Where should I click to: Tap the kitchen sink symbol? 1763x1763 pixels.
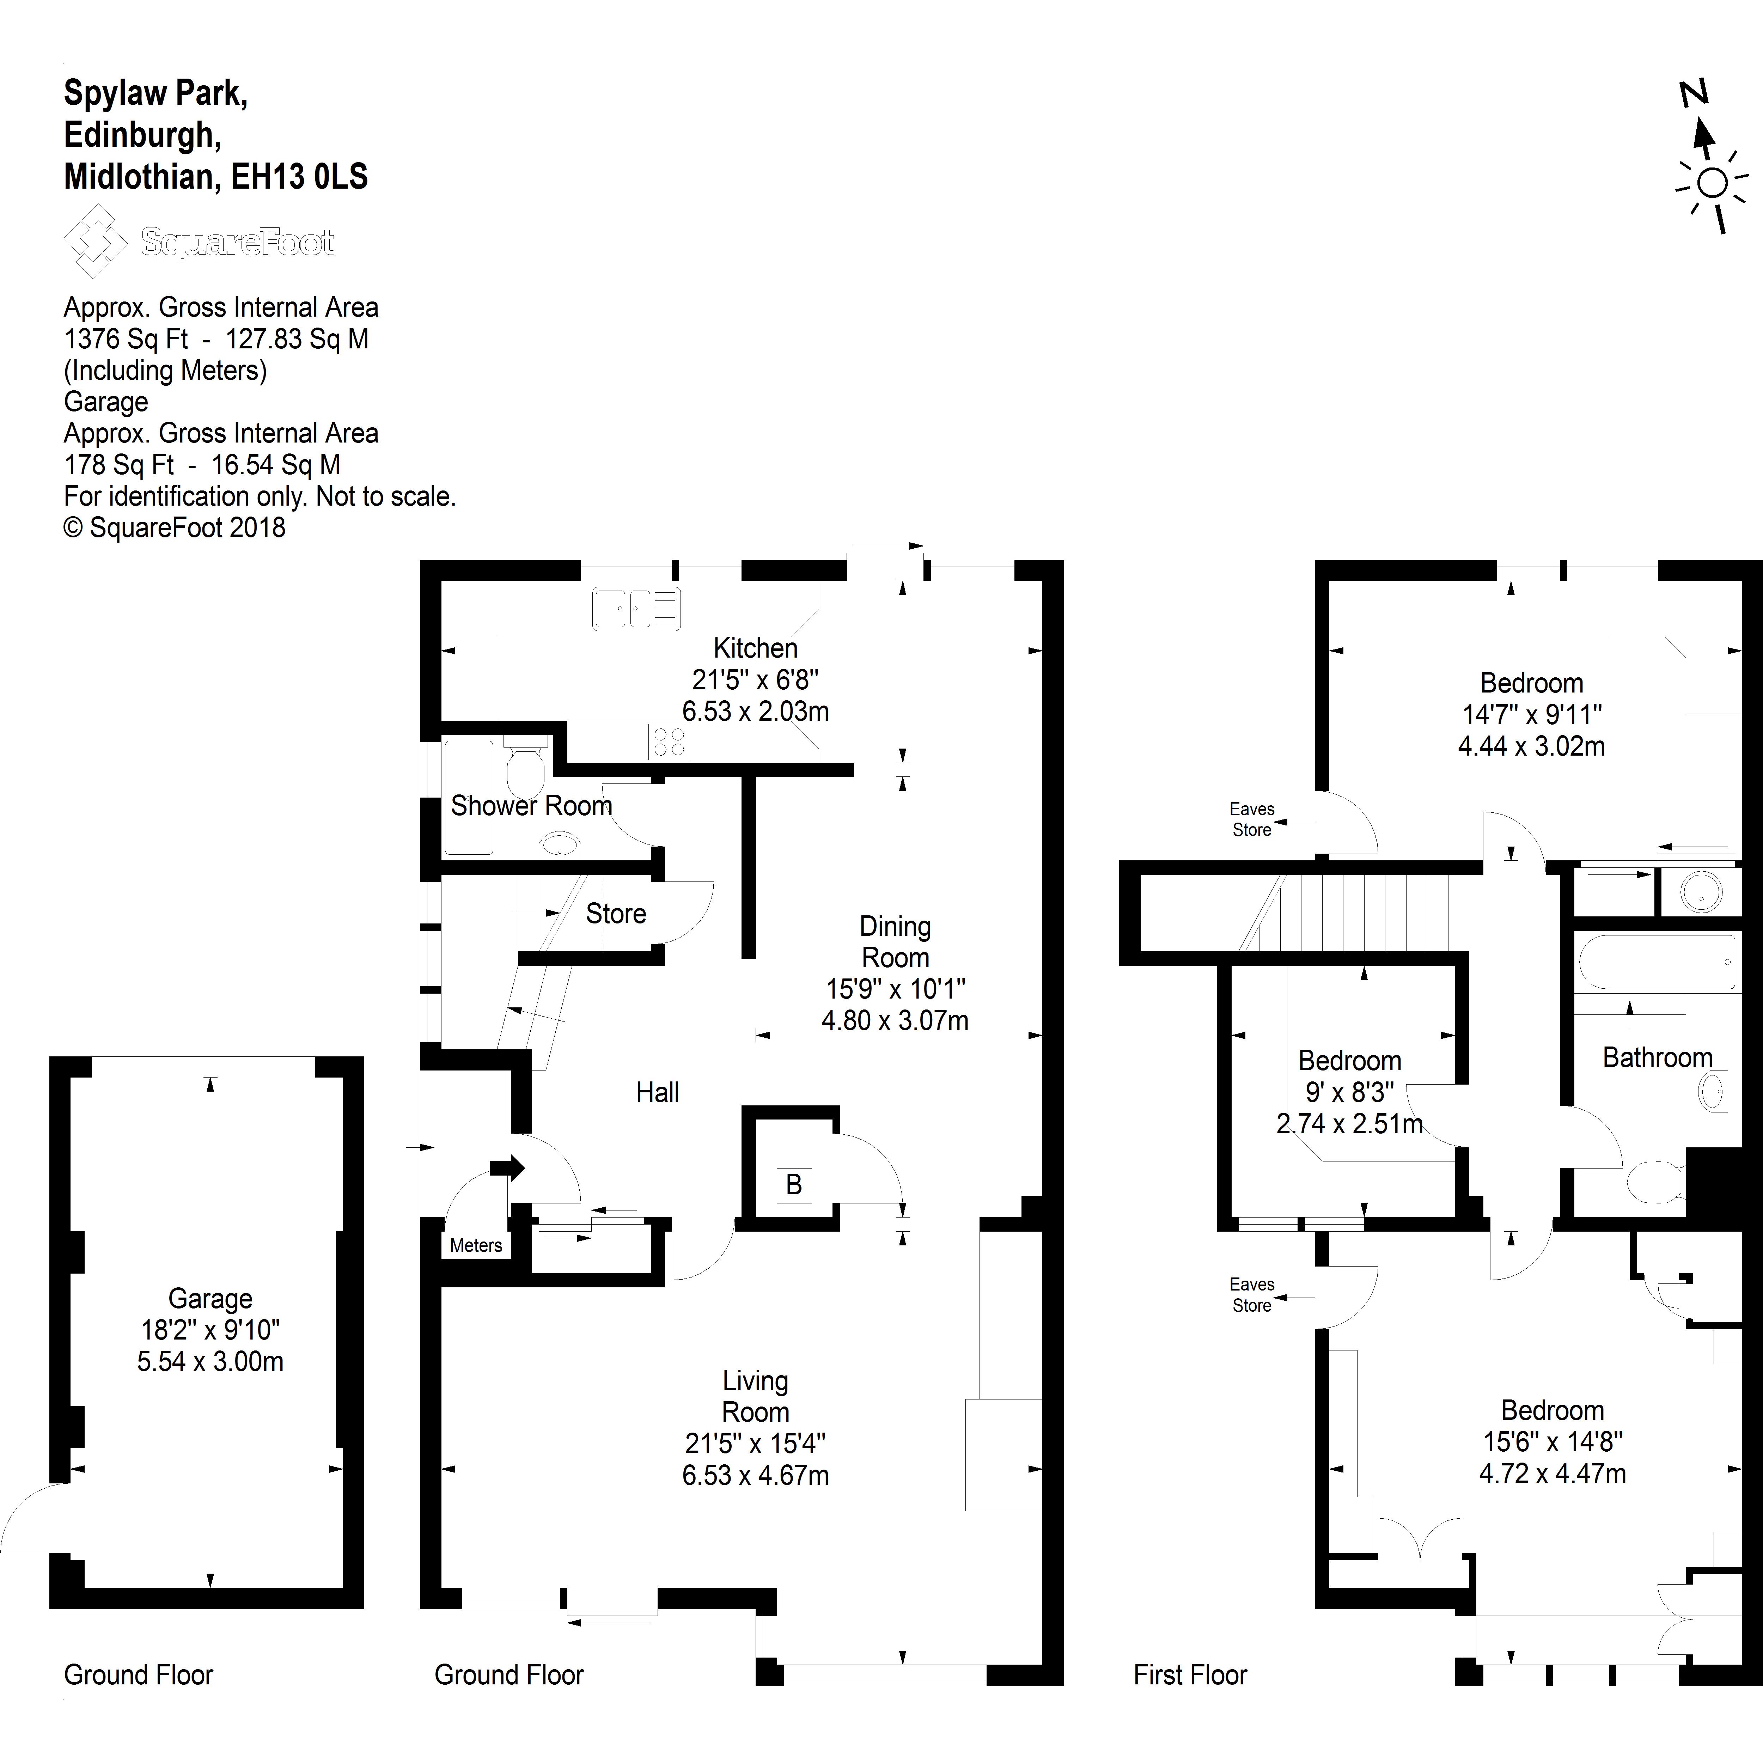point(636,609)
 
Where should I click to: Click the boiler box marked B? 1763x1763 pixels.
point(793,1184)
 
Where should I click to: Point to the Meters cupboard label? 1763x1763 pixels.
point(475,1246)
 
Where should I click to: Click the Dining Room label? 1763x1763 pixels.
point(895,942)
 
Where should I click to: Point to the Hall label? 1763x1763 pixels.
point(657,1092)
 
